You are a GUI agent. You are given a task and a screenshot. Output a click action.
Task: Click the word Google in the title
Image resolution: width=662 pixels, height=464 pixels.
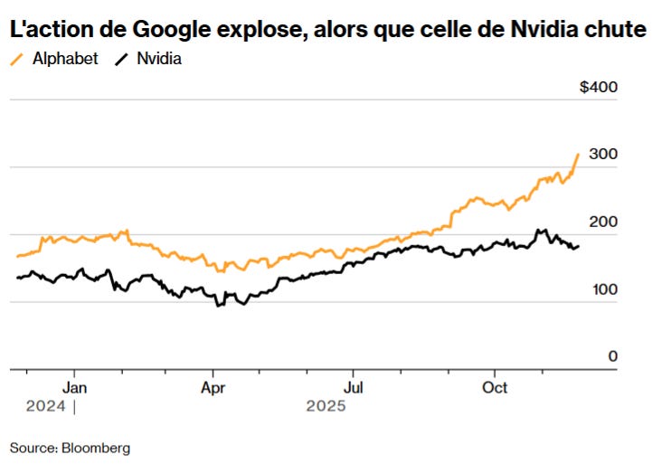tap(169, 30)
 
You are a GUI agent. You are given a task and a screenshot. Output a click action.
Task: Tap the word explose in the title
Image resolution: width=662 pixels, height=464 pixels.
tap(256, 30)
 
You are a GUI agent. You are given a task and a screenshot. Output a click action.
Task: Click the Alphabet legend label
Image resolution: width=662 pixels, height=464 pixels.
tap(65, 61)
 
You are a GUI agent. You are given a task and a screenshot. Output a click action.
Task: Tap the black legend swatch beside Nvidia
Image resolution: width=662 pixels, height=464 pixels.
tap(121, 61)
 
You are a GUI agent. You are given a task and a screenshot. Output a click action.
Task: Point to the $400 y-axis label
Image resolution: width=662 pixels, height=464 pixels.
tap(599, 88)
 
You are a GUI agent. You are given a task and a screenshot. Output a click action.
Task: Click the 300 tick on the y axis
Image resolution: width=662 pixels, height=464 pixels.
tap(604, 155)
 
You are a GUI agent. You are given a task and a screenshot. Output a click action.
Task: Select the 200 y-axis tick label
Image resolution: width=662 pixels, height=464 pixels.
tap(604, 223)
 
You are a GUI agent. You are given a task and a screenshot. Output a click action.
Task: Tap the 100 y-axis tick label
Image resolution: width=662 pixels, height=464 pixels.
tap(604, 289)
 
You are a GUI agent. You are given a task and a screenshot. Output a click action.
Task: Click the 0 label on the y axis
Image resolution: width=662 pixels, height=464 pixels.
tap(612, 356)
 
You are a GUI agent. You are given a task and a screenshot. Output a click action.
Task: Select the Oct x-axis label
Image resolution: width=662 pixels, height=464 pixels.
tap(495, 387)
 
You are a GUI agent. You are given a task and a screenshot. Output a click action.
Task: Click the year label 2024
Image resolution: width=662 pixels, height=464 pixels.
tap(45, 407)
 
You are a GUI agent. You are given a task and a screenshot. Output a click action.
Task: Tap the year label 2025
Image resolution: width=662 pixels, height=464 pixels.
tap(326, 407)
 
